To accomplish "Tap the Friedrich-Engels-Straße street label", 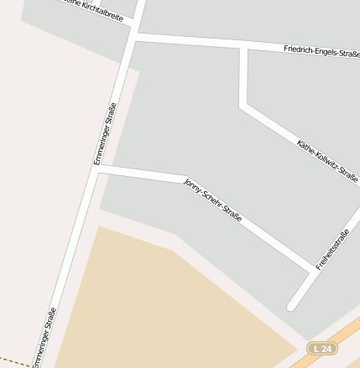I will click(321, 52).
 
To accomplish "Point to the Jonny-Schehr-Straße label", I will click(213, 200).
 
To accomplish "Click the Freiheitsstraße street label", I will click(332, 249).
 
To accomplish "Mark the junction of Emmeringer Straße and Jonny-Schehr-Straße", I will click(97, 168).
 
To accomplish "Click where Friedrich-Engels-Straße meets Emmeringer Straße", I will click(134, 35).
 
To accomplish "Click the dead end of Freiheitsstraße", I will click(291, 306).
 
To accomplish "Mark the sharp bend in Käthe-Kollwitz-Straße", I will click(244, 106).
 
